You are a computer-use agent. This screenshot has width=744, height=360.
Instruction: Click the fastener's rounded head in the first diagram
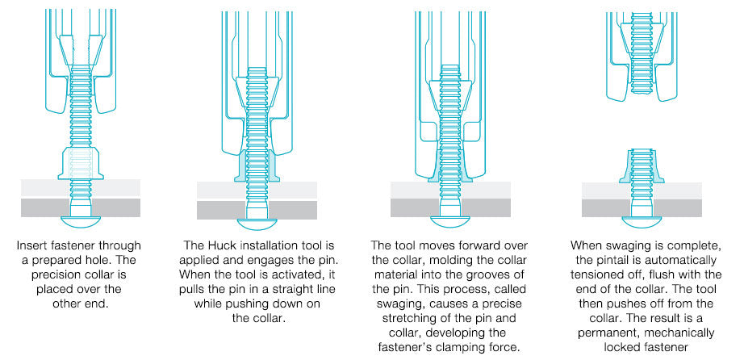click(81, 220)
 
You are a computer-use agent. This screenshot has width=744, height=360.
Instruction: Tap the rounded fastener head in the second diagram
click(257, 224)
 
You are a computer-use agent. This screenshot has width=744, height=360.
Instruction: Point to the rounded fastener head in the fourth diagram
click(642, 221)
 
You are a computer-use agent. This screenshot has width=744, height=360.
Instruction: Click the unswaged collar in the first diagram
click(81, 163)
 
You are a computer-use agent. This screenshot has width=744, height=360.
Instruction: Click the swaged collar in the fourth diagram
click(642, 165)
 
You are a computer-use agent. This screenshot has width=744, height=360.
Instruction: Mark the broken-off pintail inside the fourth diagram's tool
click(642, 52)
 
